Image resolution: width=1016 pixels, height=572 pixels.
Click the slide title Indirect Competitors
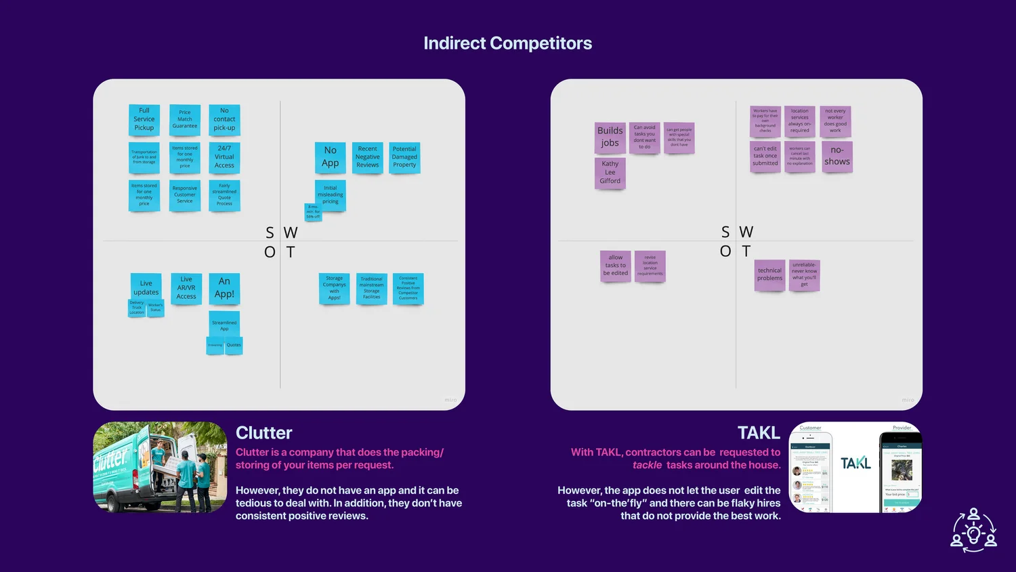click(x=507, y=43)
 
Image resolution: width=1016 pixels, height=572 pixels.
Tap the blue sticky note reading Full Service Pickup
click(x=144, y=120)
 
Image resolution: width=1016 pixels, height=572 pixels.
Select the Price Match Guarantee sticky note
click(x=185, y=120)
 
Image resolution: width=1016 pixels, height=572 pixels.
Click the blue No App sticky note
click(x=331, y=157)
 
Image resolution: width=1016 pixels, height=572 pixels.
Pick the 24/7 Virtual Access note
click(x=224, y=157)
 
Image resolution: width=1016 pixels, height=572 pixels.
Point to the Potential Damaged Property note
click(x=404, y=157)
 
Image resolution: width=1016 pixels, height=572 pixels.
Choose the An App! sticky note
click(x=224, y=288)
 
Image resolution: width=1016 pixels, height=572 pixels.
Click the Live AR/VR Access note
click(x=186, y=288)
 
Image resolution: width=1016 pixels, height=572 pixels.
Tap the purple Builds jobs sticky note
click(x=610, y=137)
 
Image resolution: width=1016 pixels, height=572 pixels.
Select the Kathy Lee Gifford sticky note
click(x=610, y=173)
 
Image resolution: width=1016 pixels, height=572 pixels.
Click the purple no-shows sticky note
click(x=837, y=157)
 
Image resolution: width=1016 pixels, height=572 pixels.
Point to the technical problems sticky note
click(x=769, y=274)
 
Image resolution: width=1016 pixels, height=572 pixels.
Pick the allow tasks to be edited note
click(x=615, y=266)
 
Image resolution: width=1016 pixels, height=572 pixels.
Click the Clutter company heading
click(x=264, y=433)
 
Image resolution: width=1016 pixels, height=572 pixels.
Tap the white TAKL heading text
click(x=759, y=433)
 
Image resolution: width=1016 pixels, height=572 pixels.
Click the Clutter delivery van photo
click(x=160, y=467)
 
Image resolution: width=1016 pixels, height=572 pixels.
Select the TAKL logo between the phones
click(x=855, y=464)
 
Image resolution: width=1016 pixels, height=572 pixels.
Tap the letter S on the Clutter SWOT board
click(x=270, y=233)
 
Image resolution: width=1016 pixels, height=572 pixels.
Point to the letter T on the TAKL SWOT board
click(x=746, y=251)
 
